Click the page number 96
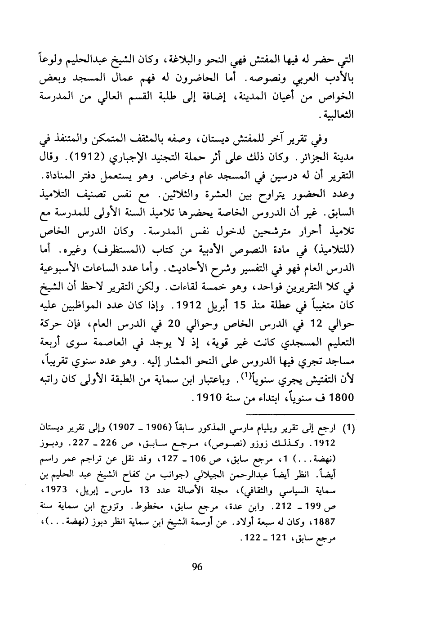197,566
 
